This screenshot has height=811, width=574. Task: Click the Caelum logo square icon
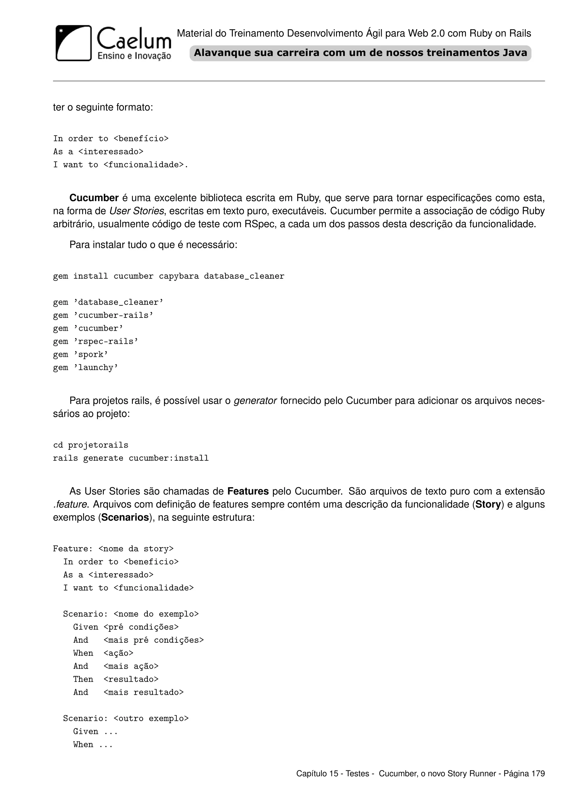tap(73, 43)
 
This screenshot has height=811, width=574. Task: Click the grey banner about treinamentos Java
tap(360, 53)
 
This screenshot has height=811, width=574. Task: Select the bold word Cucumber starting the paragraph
tap(94, 198)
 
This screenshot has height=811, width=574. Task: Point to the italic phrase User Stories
tap(136, 211)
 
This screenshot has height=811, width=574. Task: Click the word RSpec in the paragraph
tap(260, 224)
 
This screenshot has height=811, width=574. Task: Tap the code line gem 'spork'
tap(81, 354)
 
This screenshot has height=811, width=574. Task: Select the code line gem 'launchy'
tap(85, 367)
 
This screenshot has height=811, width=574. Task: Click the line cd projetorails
tap(91, 445)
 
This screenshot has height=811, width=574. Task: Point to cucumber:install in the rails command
tap(169, 458)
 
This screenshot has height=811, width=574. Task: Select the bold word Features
tap(248, 491)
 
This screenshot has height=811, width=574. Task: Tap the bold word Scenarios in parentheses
tap(125, 518)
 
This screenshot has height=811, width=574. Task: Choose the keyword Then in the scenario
tap(83, 679)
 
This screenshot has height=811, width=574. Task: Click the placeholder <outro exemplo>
tap(151, 719)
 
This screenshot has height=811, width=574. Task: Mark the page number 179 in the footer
tap(538, 773)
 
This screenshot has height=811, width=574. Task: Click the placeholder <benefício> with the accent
tap(141, 138)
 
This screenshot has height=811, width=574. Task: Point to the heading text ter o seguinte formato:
tap(103, 107)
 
